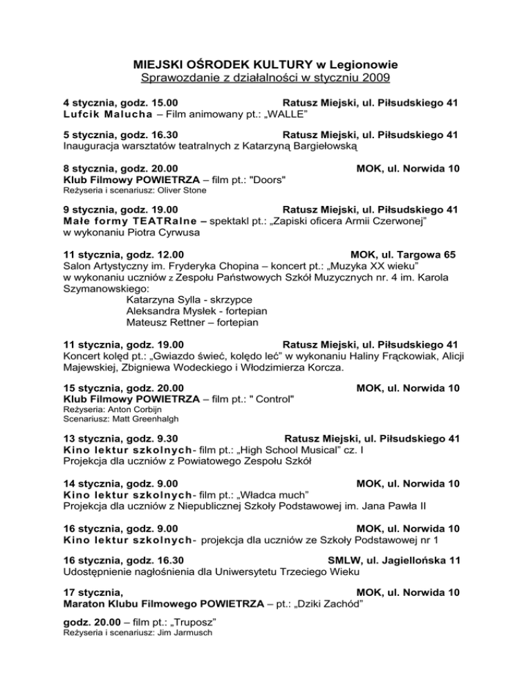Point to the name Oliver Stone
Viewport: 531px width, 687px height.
(x=181, y=190)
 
